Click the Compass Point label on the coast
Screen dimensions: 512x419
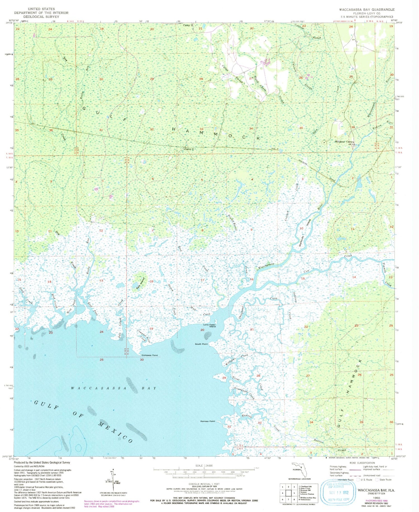(149, 355)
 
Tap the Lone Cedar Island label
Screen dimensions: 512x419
(209, 325)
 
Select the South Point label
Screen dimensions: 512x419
(201, 344)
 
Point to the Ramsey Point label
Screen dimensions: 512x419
(208, 421)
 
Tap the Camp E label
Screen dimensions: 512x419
(189, 149)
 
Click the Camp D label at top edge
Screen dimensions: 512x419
(188, 25)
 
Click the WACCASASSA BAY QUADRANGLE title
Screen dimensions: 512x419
(367, 9)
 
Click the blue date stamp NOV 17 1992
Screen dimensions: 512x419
(338, 492)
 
